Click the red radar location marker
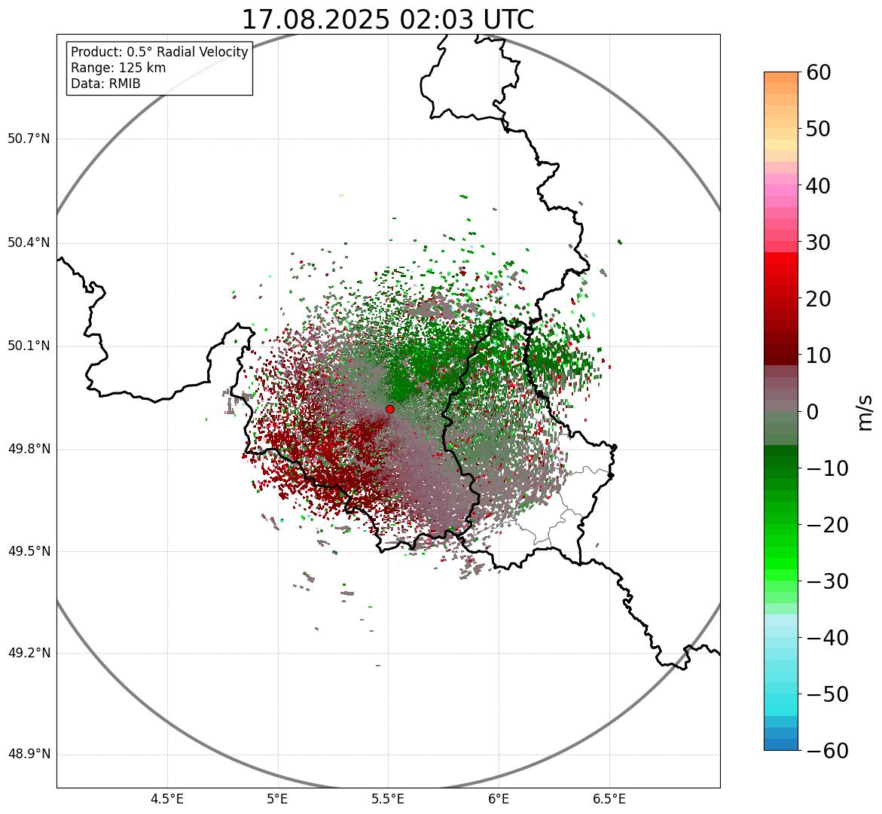389,409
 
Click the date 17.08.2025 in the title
316,20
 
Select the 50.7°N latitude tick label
29,139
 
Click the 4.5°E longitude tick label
167,799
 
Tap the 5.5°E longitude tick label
388,799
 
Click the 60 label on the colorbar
819,72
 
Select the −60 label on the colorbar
826,751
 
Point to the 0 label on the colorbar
812,412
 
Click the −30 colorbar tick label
826,581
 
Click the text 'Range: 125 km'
118,68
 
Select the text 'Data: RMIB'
105,84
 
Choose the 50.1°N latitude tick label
29,346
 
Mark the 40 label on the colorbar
819,185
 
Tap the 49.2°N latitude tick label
29,653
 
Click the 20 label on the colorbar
819,299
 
